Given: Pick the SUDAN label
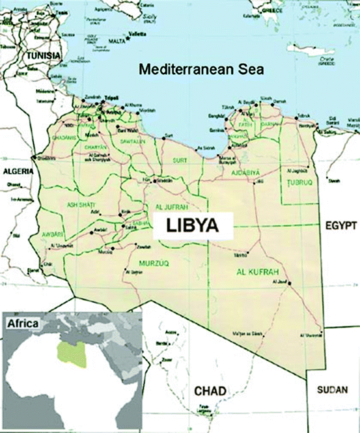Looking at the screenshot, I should click(x=332, y=391).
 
